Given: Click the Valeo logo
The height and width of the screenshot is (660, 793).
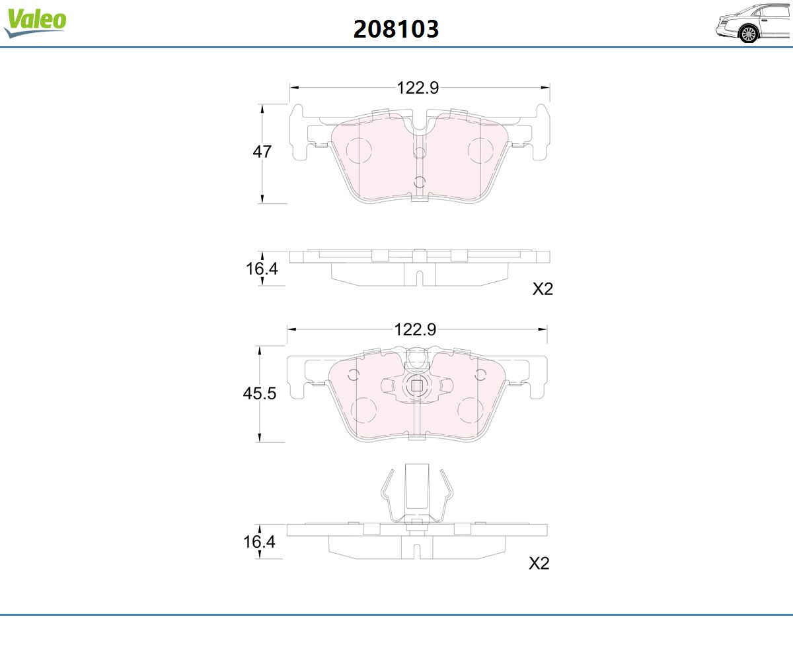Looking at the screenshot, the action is [35, 22].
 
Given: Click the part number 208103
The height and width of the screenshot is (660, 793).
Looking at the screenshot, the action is [396, 29].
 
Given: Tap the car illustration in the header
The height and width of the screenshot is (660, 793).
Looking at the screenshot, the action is [753, 22].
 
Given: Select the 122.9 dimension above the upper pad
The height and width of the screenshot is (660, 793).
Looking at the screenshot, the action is [418, 88].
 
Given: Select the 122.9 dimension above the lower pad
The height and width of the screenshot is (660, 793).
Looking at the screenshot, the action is [415, 329].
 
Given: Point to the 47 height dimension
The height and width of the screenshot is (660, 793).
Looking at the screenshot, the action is [262, 152].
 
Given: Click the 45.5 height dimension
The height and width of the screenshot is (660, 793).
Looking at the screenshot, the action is [260, 393].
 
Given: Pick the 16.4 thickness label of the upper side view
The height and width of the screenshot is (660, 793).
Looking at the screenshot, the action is [262, 269].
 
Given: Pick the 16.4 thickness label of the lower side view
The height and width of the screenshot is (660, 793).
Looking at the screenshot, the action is [259, 542].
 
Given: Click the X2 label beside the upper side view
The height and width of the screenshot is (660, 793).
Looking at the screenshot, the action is [543, 289].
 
